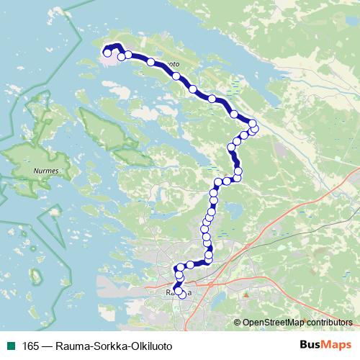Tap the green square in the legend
10,346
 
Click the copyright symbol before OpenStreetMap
238,323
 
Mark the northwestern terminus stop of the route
107,53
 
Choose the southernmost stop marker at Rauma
179,292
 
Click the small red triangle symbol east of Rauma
246,294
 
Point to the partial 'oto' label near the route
173,64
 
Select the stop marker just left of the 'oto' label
150,62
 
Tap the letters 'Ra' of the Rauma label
171,293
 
